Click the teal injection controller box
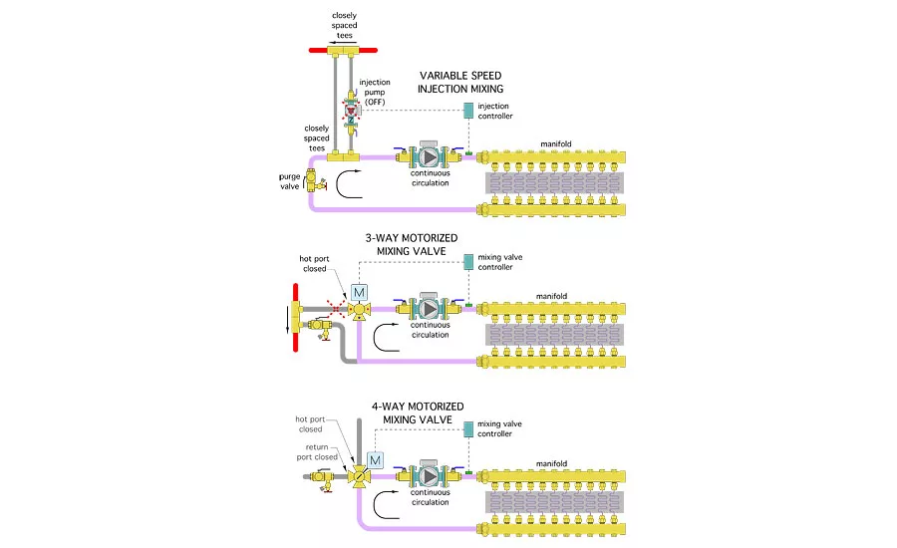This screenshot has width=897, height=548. (468, 112)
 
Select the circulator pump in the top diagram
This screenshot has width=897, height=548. (428, 156)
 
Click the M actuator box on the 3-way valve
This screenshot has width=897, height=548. (358, 293)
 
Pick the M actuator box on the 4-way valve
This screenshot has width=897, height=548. (376, 460)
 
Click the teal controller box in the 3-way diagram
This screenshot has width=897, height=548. (468, 263)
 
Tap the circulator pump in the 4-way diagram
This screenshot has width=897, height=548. (428, 475)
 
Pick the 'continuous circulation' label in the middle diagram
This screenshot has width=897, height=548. (431, 331)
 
